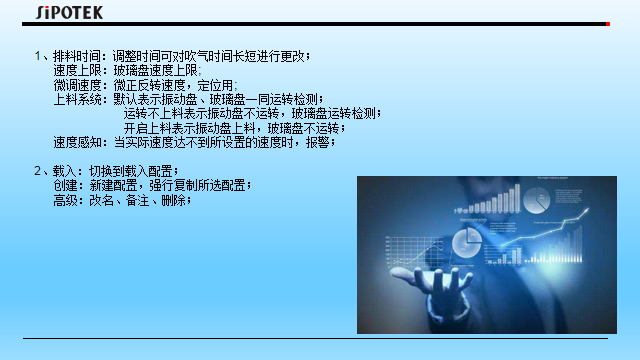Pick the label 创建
point(64,186)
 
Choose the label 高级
point(64,200)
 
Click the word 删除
point(172,200)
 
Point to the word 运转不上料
point(156,114)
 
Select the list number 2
point(37,172)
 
